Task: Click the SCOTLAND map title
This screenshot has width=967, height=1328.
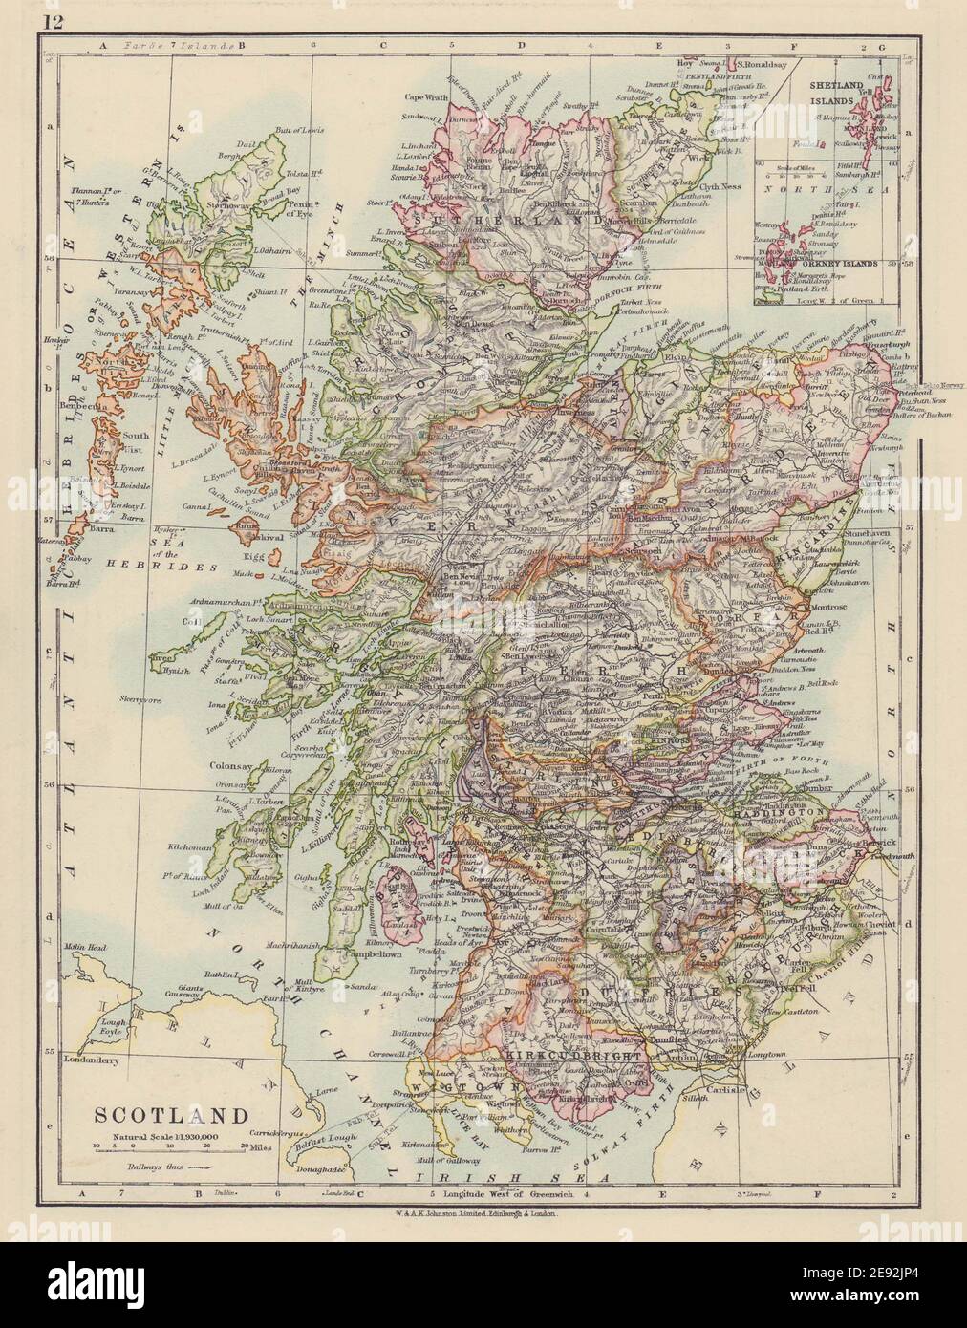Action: tap(170, 1114)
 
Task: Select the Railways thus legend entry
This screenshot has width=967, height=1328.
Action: tap(159, 1167)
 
